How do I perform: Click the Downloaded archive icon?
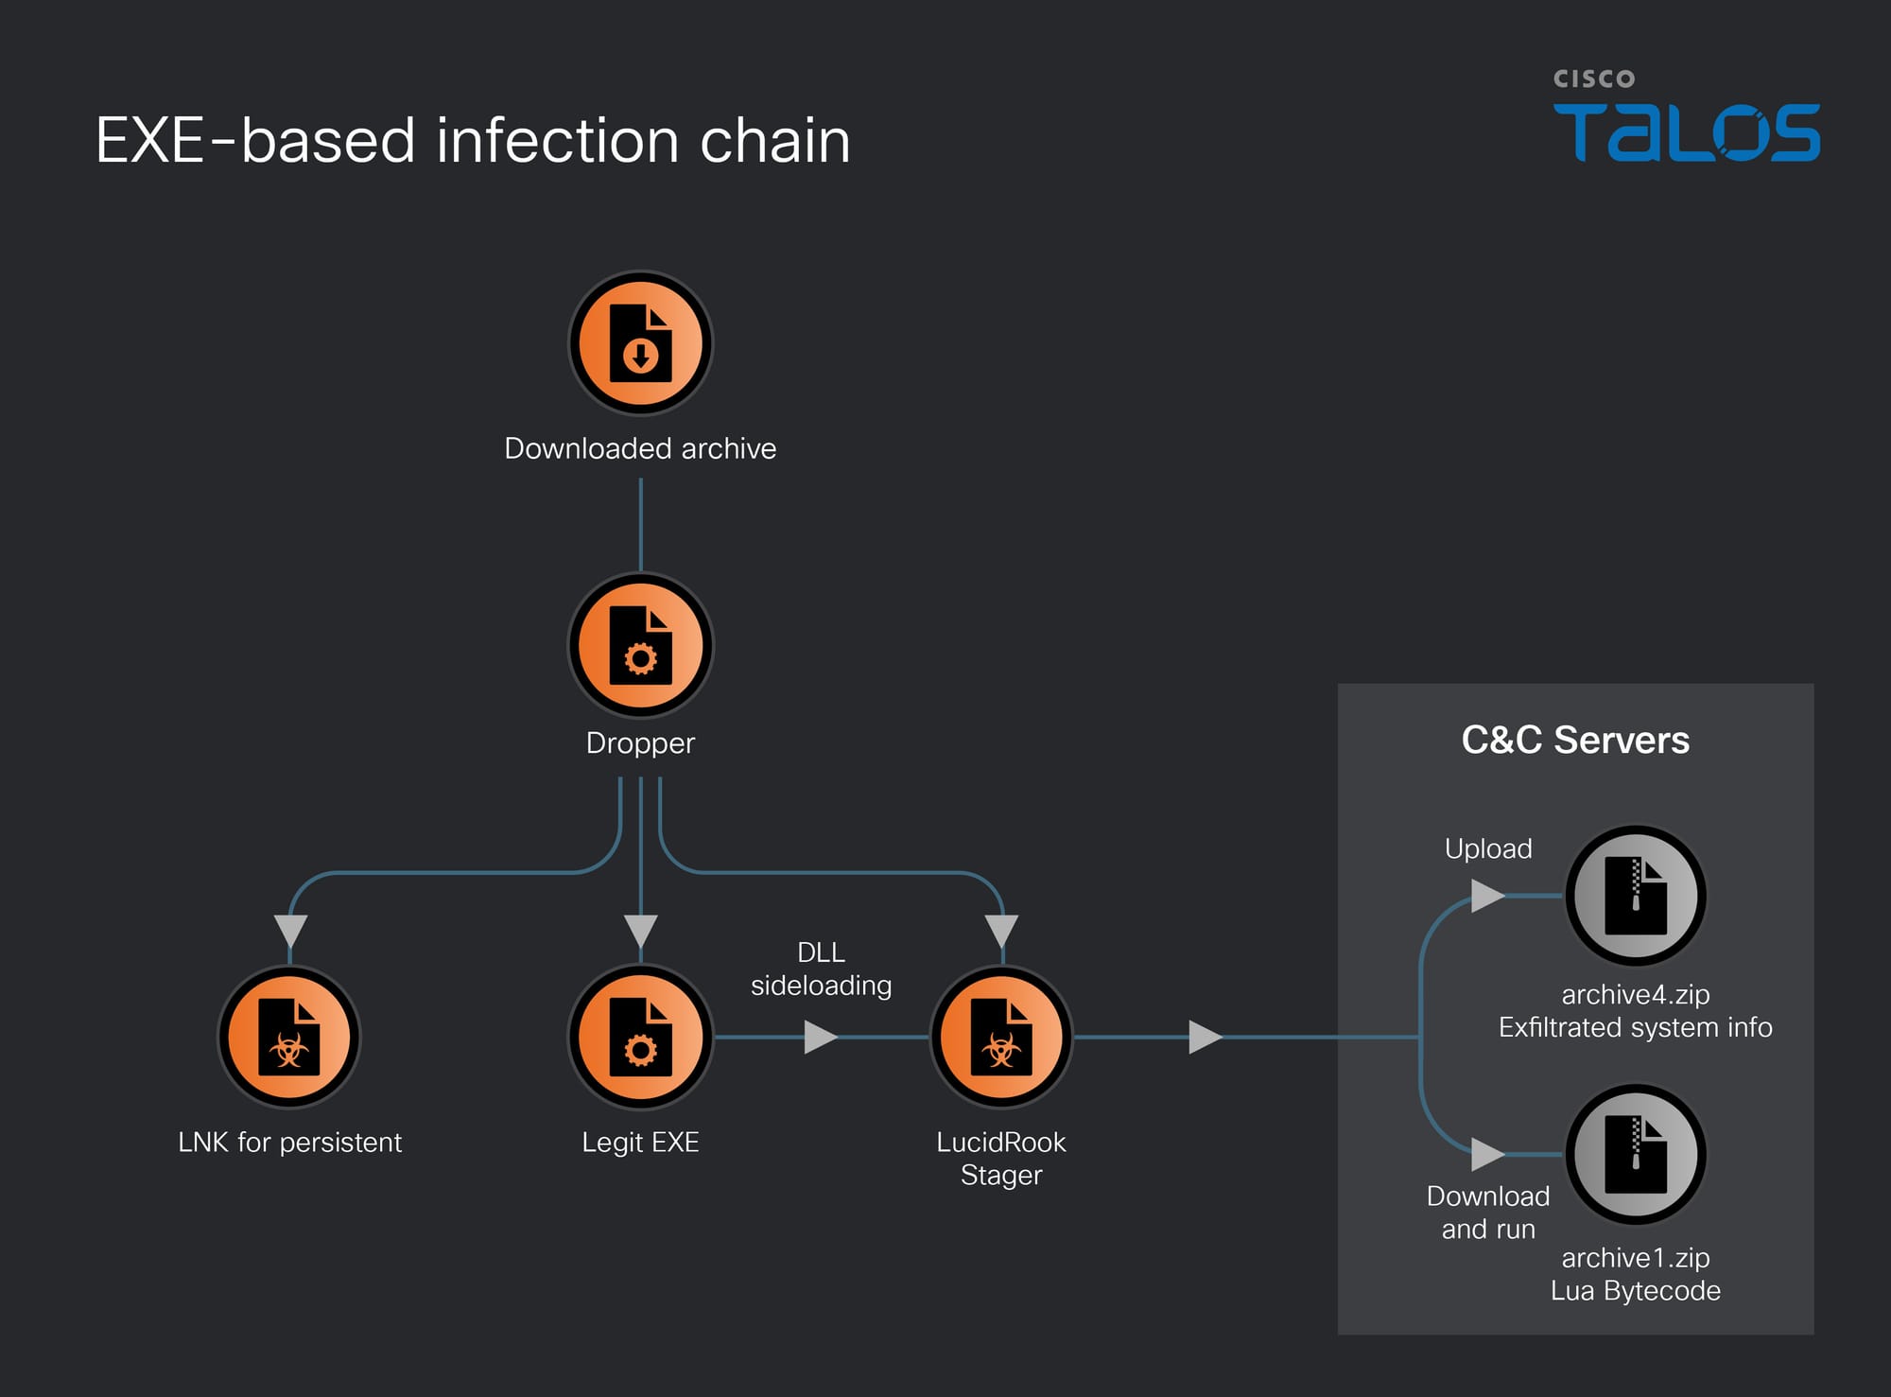tap(640, 342)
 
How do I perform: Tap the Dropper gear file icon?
tap(640, 645)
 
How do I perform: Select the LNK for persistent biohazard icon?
tap(289, 1037)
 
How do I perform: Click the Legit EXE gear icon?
tap(640, 1037)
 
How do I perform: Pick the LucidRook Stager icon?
tap(1001, 1037)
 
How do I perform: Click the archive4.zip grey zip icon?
tap(1636, 896)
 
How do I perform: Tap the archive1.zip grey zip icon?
tap(1636, 1154)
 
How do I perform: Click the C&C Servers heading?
tap(1575, 740)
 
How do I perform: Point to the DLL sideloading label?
tap(821, 969)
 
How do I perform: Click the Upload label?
tap(1488, 848)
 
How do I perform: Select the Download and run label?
tap(1488, 1213)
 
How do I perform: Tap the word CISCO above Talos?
tap(1594, 79)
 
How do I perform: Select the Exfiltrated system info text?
tap(1635, 1027)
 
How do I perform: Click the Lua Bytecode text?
tap(1635, 1290)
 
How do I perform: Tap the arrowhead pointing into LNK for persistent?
tap(289, 930)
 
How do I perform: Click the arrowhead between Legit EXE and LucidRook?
tap(819, 1037)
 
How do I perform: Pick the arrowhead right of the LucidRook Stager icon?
tap(1204, 1037)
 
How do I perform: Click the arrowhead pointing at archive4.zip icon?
tap(1486, 895)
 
